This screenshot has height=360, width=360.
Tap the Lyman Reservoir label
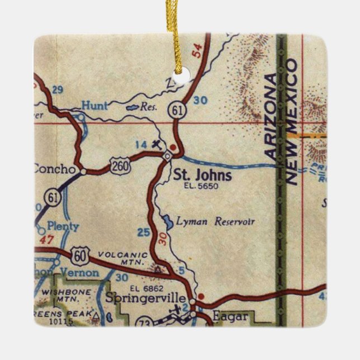coord(215,222)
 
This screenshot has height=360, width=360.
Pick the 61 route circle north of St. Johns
coord(178,112)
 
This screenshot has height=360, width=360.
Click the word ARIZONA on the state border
coord(271,115)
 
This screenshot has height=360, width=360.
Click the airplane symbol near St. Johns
coord(157,144)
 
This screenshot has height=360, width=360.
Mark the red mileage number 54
coord(196,53)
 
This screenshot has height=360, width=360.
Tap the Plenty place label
coord(62,227)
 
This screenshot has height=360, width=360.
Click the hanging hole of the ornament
coord(179,73)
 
